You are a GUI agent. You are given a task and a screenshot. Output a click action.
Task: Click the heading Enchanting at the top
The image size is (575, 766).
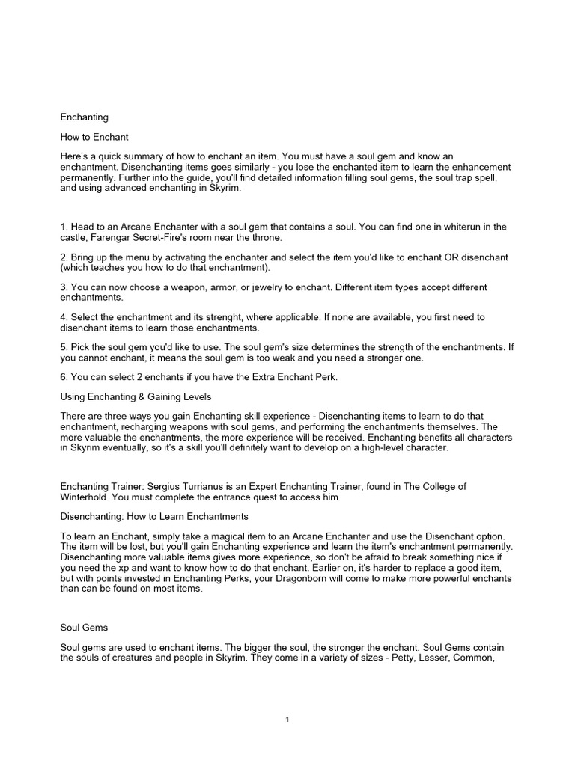(84, 117)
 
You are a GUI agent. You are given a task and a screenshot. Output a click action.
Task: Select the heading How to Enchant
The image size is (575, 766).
(94, 137)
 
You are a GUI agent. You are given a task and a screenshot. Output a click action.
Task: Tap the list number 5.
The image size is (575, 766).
(63, 348)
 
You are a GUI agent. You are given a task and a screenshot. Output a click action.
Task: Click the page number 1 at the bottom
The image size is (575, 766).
(287, 720)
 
